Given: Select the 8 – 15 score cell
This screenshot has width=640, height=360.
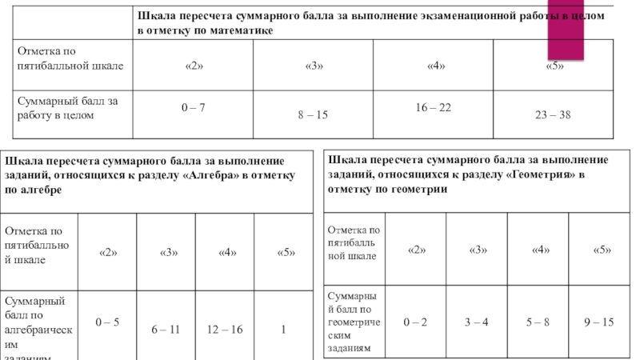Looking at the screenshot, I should tap(313, 116).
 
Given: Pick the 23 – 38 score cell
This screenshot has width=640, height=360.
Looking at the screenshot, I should tap(553, 116).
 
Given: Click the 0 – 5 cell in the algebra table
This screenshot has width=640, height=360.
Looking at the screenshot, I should tap(107, 322).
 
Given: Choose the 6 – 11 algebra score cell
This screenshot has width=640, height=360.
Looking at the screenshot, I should tap(166, 329).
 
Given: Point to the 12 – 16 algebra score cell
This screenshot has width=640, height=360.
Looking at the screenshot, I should tap(225, 329).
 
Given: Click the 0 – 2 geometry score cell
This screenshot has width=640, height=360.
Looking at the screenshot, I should tap(416, 322).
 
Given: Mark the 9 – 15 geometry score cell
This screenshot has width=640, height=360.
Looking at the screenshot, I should tap(598, 322).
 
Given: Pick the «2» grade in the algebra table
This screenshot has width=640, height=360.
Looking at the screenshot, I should tap(108, 253).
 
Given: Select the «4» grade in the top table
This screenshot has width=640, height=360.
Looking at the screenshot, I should tap(436, 65).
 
